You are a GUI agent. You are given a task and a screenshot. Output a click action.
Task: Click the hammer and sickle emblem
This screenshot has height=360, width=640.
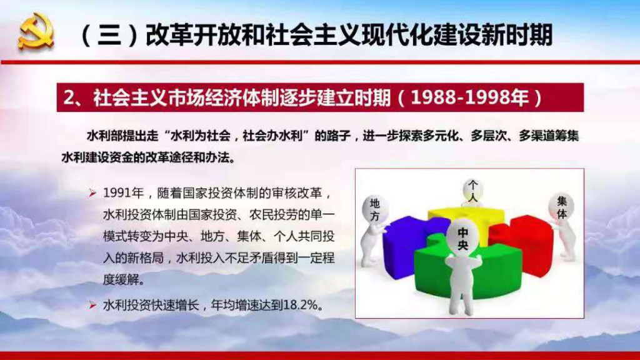coord(36,31)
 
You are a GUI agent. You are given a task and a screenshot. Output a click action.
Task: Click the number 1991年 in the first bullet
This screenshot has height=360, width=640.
coord(123,192)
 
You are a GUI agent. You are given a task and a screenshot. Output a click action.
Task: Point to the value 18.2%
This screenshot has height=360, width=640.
coord(300,305)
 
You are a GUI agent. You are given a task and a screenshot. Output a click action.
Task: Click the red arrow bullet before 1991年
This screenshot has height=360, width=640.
coord(92,193)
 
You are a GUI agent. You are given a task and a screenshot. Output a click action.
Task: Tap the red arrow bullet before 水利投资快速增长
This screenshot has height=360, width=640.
coord(92,305)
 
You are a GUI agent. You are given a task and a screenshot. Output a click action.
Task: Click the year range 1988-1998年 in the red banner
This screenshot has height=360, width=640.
coord(470,97)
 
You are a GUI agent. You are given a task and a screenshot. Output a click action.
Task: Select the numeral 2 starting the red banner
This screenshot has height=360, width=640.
coord(69,97)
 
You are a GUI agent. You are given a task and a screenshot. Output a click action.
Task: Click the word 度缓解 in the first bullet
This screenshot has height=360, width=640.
coord(123,279)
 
